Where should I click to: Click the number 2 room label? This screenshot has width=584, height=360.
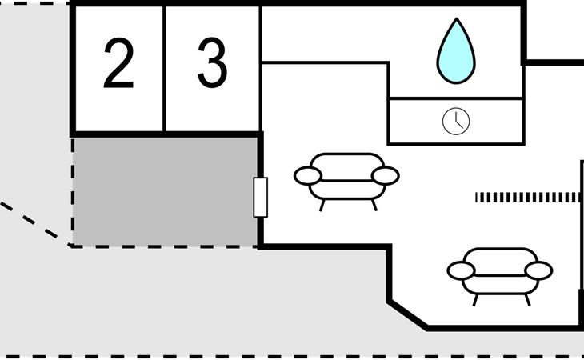click(118, 66)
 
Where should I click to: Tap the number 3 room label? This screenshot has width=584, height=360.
click(212, 65)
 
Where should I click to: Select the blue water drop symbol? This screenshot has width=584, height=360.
click(455, 50)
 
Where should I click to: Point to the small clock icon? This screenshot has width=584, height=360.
click(456, 122)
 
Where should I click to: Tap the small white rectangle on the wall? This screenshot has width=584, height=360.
click(260, 197)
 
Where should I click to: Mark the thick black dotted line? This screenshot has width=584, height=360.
click(526, 197)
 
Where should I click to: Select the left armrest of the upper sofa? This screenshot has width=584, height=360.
click(308, 174)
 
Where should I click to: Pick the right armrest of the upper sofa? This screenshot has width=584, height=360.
click(386, 175)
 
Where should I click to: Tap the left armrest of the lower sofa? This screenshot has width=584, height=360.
click(461, 270)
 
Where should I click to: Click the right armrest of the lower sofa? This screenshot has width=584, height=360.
click(538, 270)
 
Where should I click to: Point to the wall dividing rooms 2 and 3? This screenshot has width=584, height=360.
click(164, 68)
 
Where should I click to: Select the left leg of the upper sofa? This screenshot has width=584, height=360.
click(322, 205)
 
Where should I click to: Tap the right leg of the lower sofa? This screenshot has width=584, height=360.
click(527, 298)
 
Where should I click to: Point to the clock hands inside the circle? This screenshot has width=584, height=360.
click(455, 120)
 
